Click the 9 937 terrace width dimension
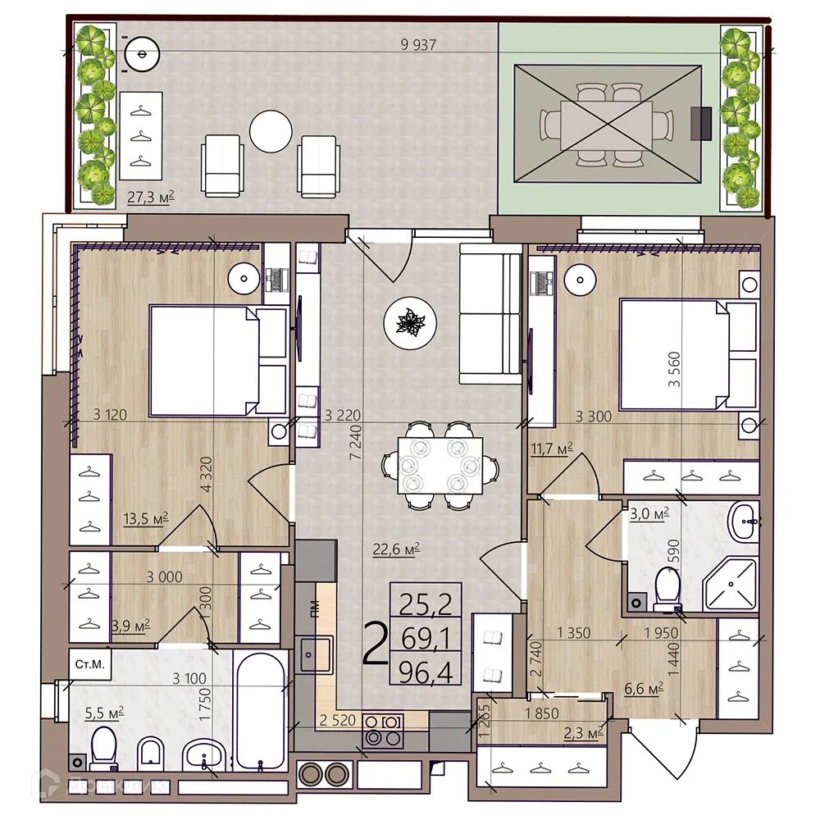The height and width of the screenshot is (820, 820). point(417,45)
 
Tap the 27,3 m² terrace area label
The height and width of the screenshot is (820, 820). point(152,197)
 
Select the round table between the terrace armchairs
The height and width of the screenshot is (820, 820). point(271,131)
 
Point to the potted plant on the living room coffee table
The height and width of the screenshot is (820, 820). point(408,321)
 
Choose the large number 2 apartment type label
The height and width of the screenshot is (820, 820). point(375,644)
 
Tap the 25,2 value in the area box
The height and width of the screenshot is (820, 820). point(426,604)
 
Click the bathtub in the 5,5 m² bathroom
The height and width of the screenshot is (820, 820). point(261,709)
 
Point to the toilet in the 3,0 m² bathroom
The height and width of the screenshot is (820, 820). point(668,587)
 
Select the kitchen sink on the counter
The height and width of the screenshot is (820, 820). point(315,654)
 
